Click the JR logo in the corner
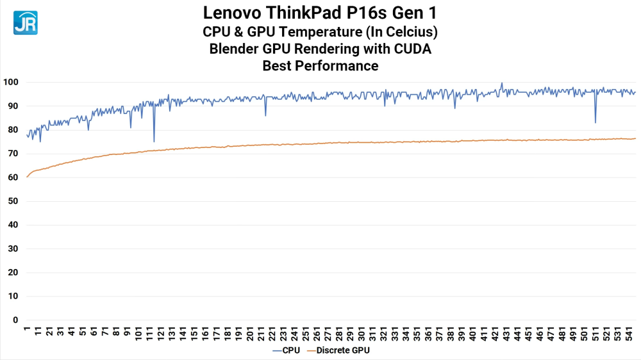(25, 22)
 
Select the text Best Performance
(320, 65)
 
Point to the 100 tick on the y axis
(10, 83)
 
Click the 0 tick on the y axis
(15, 320)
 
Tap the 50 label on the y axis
(13, 201)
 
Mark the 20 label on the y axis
(13, 273)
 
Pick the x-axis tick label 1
(27, 331)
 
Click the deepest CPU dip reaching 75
(154, 141)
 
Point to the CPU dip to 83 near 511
(595, 122)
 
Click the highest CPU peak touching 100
(501, 83)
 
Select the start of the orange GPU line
(27, 177)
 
